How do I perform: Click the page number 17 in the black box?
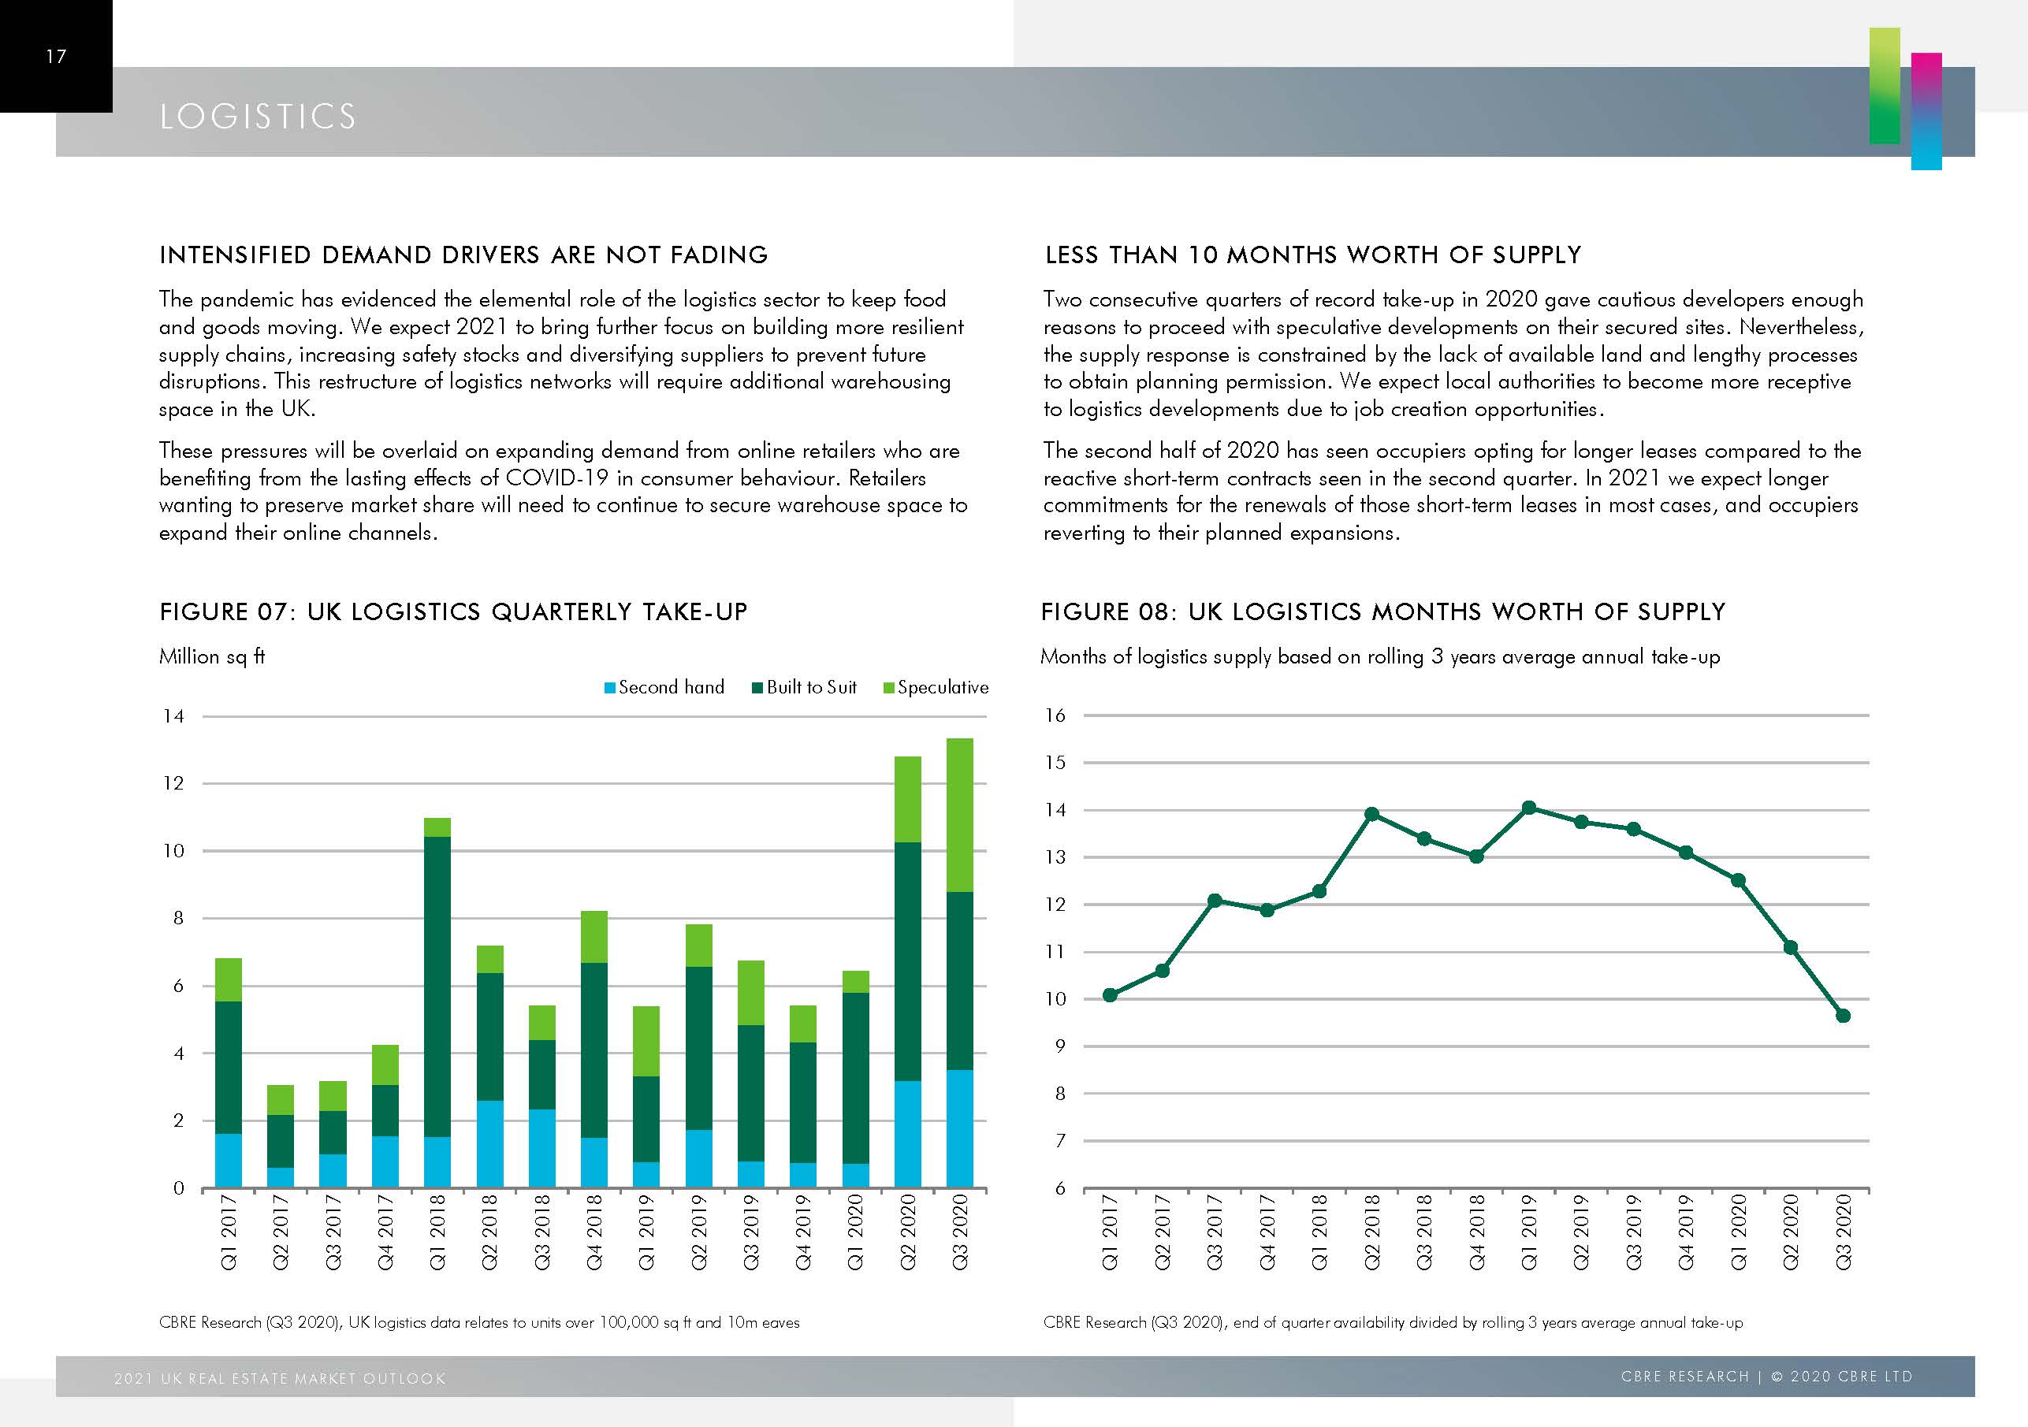click(x=56, y=57)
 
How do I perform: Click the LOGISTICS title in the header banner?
click(x=258, y=117)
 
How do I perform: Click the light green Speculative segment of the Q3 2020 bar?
click(x=959, y=814)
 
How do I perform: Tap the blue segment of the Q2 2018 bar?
click(x=489, y=1143)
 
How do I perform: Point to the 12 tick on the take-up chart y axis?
click(x=174, y=783)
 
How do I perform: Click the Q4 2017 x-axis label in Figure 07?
click(x=386, y=1232)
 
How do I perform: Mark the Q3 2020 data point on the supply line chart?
click(x=1843, y=1016)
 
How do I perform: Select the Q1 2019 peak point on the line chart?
click(x=1529, y=807)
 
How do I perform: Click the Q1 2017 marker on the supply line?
click(x=1111, y=995)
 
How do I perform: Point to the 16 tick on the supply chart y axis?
click(x=1055, y=715)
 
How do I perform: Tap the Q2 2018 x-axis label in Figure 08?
click(x=1371, y=1232)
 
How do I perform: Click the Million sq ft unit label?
click(x=212, y=656)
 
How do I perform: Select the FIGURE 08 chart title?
click(x=1382, y=612)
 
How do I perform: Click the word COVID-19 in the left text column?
click(x=556, y=478)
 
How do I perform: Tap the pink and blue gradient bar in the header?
click(x=1926, y=110)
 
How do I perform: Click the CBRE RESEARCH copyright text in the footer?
click(x=1766, y=1377)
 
